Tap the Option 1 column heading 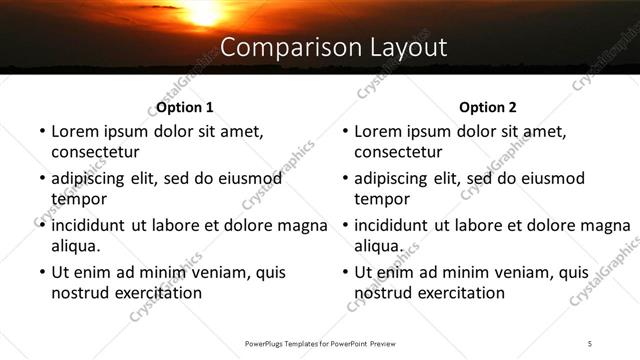pyautogui.click(x=185, y=107)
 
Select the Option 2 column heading pyautogui.click(x=488, y=107)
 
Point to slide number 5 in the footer pyautogui.click(x=591, y=343)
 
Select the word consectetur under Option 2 pyautogui.click(x=398, y=153)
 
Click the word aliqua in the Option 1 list pyautogui.click(x=76, y=246)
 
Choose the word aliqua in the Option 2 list pyautogui.click(x=379, y=246)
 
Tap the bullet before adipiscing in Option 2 pyautogui.click(x=344, y=179)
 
